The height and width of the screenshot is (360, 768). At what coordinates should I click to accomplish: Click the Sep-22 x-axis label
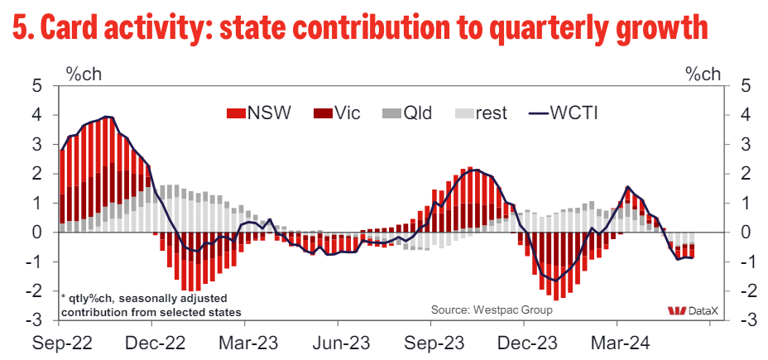pos(61,341)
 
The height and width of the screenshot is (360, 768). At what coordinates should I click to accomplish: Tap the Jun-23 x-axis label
pos(340,341)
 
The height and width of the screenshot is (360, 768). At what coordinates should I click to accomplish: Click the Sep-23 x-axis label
pos(431,341)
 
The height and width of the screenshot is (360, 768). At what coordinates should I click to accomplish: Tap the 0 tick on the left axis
pos(38,233)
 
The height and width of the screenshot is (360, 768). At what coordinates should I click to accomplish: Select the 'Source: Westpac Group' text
pos(491,310)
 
